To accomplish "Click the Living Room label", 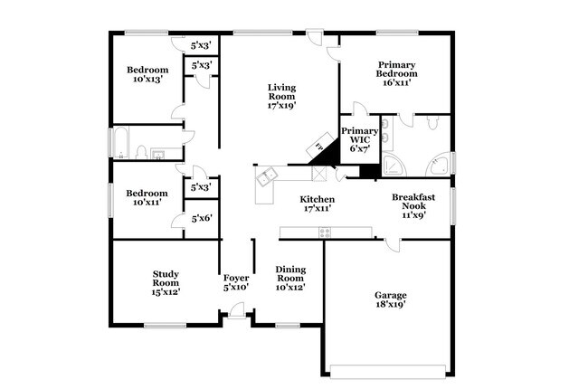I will tap(282, 96).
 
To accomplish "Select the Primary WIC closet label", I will tap(359, 140).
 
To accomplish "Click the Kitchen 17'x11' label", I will tap(318, 204).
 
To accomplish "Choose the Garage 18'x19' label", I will tap(391, 299).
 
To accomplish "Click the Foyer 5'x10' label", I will tap(235, 281).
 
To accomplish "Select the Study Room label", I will tap(166, 282).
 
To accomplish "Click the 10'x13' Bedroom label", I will tap(147, 74).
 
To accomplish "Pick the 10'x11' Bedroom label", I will tap(147, 197).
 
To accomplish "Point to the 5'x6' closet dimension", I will tap(202, 218).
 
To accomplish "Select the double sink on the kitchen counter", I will tap(266, 176).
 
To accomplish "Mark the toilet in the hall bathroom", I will tap(141, 152).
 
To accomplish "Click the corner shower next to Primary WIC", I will tap(394, 166).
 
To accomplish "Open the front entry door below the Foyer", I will tap(237, 312).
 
